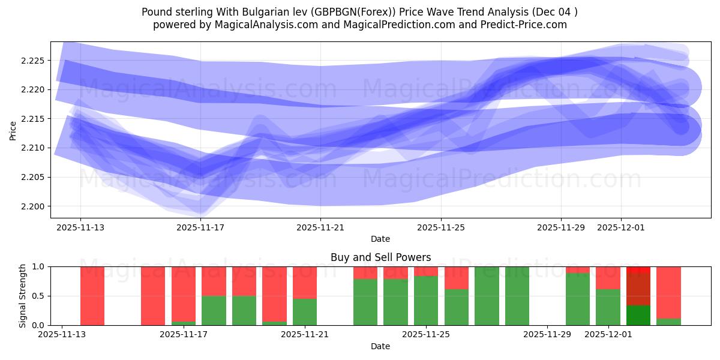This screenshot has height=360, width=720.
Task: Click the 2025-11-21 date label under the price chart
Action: click(x=320, y=227)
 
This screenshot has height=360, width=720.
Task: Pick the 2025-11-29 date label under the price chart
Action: click(x=560, y=227)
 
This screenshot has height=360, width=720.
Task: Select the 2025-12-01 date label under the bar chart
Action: click(x=608, y=334)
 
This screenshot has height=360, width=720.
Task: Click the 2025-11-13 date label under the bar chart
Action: click(x=62, y=334)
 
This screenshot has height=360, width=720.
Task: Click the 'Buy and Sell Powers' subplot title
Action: click(x=380, y=257)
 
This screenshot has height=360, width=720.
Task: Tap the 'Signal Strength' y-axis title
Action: click(x=22, y=296)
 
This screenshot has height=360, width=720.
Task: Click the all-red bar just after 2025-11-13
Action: click(x=92, y=296)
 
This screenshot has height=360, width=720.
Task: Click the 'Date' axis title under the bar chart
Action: click(x=380, y=346)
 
